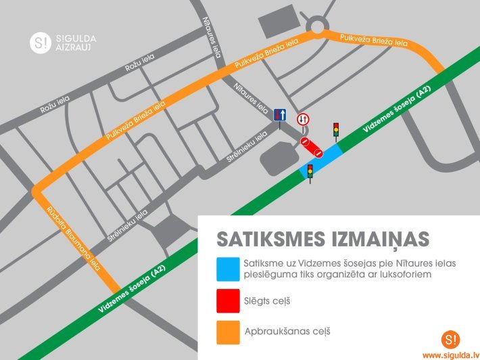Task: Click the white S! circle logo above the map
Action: pos(41,43)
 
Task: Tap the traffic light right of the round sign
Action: pos(335,129)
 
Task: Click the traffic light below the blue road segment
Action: pos(310,173)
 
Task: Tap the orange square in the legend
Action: pos(228,332)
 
